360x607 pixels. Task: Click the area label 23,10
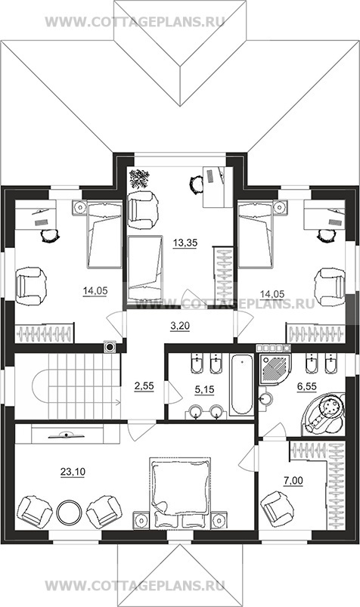pyautogui.click(x=73, y=472)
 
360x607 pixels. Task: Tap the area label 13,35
pyautogui.click(x=185, y=243)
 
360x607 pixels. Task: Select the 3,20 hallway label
pyautogui.click(x=180, y=327)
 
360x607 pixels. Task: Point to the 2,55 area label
pyautogui.click(x=144, y=386)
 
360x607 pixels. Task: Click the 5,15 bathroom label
pyautogui.click(x=204, y=390)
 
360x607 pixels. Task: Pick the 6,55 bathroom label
pyautogui.click(x=306, y=387)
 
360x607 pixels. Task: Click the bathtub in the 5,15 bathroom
pyautogui.click(x=242, y=385)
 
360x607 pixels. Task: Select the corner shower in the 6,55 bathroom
pyautogui.click(x=275, y=368)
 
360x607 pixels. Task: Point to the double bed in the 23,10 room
pyautogui.click(x=180, y=492)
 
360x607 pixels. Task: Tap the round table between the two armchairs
pyautogui.click(x=69, y=513)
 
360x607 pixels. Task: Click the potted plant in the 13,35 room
pyautogui.click(x=139, y=179)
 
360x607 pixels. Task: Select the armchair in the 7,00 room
pyautogui.click(x=278, y=509)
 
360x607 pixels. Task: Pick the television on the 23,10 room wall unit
pyautogui.click(x=67, y=435)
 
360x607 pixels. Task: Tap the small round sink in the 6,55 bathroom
pyautogui.click(x=265, y=398)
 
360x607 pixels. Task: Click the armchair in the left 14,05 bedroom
pyautogui.click(x=31, y=286)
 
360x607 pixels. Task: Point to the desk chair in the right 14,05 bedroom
pyautogui.click(x=326, y=235)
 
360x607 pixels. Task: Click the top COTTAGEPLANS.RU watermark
pyautogui.click(x=135, y=22)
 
